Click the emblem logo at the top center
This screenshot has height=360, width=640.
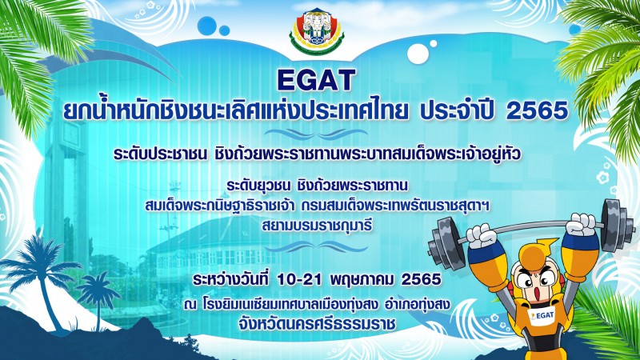(x=317, y=31)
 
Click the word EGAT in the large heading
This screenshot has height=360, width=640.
(x=316, y=81)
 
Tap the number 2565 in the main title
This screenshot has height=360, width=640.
(x=537, y=111)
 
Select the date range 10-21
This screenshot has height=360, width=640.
(x=298, y=279)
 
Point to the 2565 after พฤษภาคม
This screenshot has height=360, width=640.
(x=422, y=279)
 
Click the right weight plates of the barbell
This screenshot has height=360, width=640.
(x=617, y=225)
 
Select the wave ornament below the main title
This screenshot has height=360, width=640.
(x=316, y=134)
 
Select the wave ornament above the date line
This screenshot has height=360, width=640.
(x=316, y=246)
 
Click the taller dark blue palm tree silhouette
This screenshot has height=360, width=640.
(x=40, y=282)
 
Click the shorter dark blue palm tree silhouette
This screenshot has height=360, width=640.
(x=98, y=298)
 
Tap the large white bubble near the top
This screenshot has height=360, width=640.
(x=418, y=54)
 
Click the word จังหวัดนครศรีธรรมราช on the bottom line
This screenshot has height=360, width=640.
(x=318, y=325)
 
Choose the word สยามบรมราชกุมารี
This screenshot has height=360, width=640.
(x=317, y=225)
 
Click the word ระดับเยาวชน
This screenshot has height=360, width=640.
(x=258, y=186)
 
